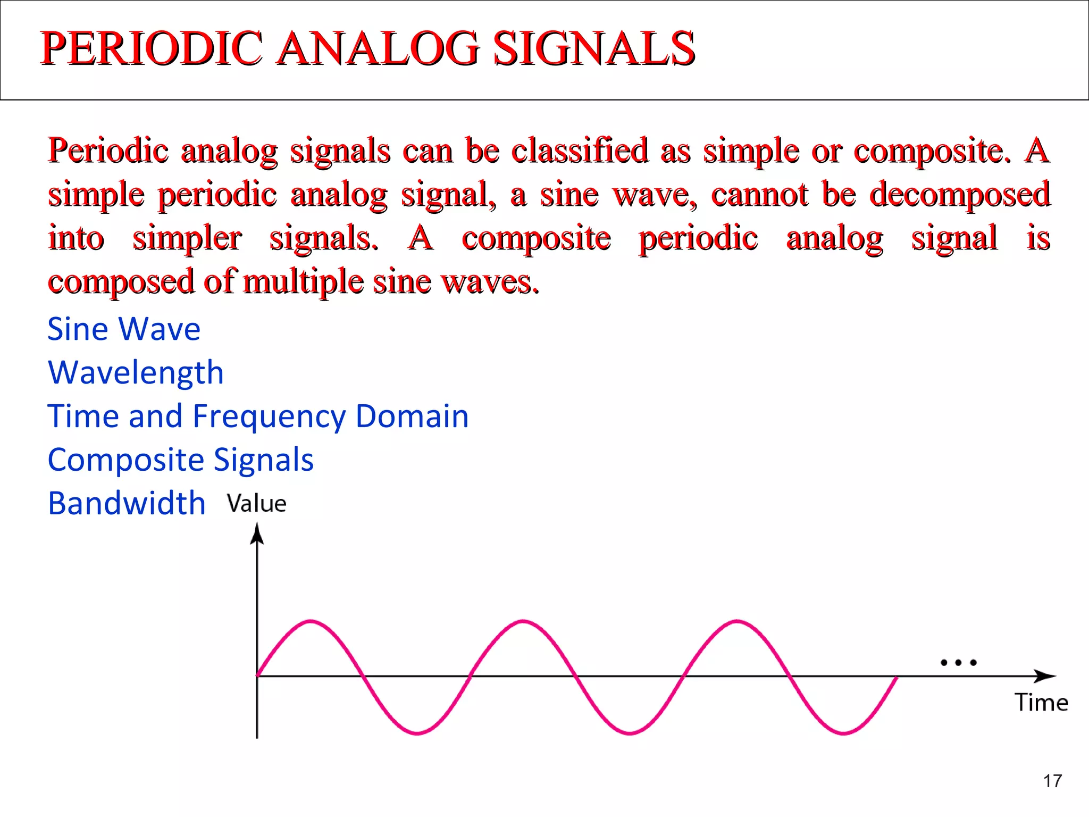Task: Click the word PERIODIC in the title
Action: coord(151,48)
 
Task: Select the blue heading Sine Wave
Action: coord(124,329)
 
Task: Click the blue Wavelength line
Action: coord(136,372)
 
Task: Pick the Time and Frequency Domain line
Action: coord(258,416)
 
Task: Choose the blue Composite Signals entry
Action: coord(180,460)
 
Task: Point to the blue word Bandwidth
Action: coord(127,503)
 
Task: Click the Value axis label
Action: coord(256,503)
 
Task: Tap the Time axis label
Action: coord(1041,702)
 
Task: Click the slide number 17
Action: coord(1052,781)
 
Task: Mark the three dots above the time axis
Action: coord(958,663)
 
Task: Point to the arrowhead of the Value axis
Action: coord(257,533)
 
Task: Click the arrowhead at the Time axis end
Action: coord(1045,676)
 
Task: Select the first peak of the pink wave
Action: coord(311,621)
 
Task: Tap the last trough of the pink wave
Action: coord(844,733)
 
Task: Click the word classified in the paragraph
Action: coord(580,150)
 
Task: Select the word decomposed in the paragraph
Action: coord(960,194)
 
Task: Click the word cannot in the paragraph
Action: coord(760,194)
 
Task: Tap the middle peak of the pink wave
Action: coord(524,621)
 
